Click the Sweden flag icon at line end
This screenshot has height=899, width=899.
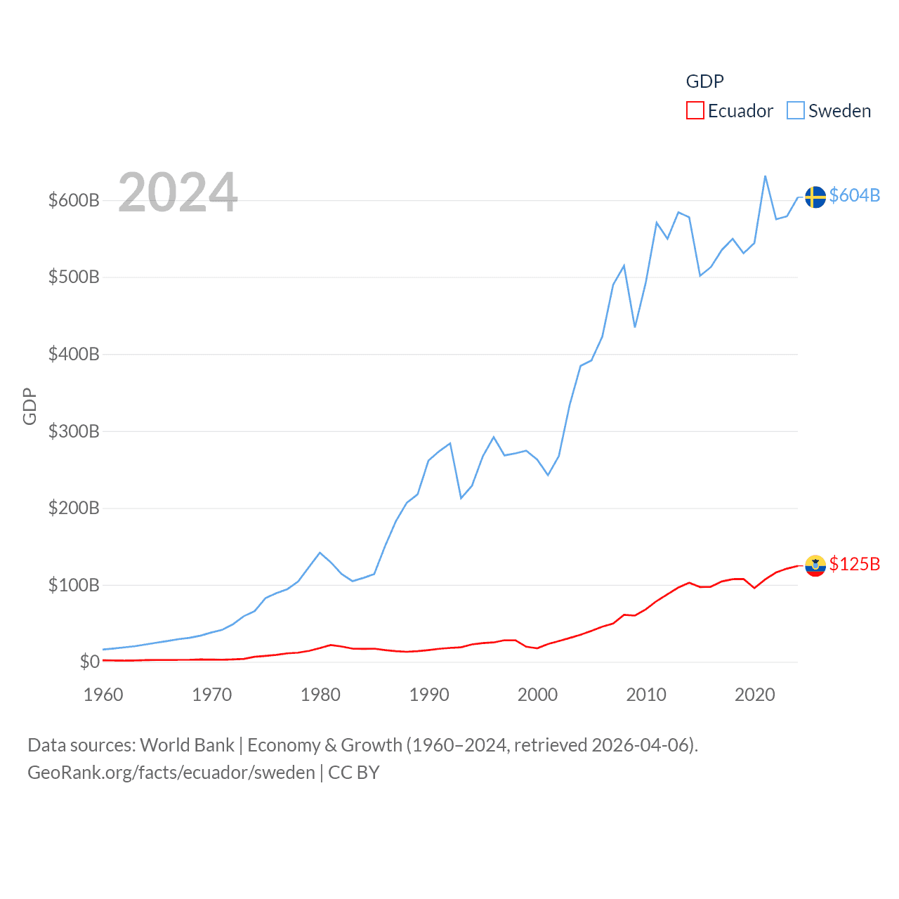pyautogui.click(x=815, y=197)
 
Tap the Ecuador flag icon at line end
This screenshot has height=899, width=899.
pyautogui.click(x=815, y=565)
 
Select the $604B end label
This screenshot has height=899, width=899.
pyautogui.click(x=854, y=195)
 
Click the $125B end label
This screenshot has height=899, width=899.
pyautogui.click(x=854, y=564)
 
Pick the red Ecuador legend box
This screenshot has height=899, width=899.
pyautogui.click(x=695, y=111)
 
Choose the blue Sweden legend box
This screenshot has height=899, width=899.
pyautogui.click(x=795, y=111)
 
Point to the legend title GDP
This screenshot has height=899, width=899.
pyautogui.click(x=704, y=81)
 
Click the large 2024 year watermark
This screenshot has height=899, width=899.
pyautogui.click(x=178, y=192)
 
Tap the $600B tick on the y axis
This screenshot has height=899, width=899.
pyautogui.click(x=74, y=200)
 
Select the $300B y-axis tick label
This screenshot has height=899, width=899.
pyautogui.click(x=74, y=431)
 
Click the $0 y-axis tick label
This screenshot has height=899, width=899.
pyautogui.click(x=89, y=662)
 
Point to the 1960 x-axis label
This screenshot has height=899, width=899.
pyautogui.click(x=103, y=695)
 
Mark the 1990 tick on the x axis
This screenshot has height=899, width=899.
pyautogui.click(x=429, y=695)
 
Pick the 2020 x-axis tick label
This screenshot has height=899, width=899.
pyautogui.click(x=755, y=695)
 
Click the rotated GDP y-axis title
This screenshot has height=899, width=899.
pyautogui.click(x=29, y=406)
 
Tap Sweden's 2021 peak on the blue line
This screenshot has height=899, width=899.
pyautogui.click(x=765, y=176)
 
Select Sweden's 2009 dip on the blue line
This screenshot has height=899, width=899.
pyautogui.click(x=635, y=327)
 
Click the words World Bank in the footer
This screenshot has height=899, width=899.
pyautogui.click(x=187, y=744)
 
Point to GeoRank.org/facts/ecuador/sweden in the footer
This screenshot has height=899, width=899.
pyautogui.click(x=171, y=773)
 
